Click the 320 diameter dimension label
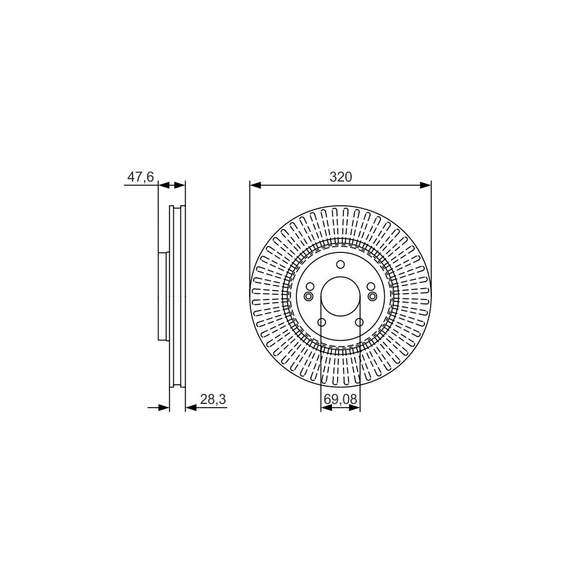341,177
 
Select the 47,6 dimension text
141,177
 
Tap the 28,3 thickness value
213,399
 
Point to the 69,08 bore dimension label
341,399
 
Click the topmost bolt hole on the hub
341,264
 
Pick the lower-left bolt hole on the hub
322,322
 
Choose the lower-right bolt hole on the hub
359,322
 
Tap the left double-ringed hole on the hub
308,296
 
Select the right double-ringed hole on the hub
373,296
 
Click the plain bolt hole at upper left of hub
310,286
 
